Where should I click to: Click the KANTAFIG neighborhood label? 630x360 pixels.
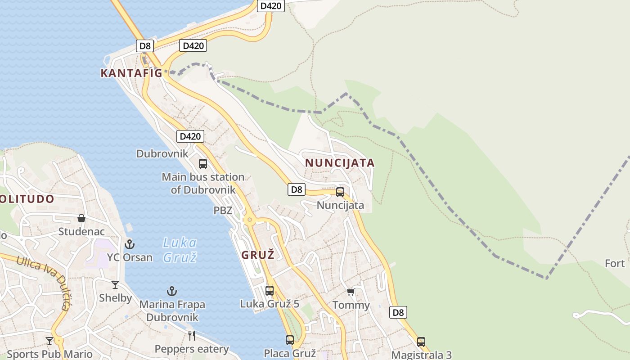(131, 73)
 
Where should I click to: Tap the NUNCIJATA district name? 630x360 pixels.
(340, 163)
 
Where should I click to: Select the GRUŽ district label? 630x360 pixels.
(258, 255)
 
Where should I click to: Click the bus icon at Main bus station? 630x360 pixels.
(203, 164)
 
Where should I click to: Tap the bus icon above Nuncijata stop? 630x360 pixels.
(340, 192)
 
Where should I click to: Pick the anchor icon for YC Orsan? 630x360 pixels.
(130, 244)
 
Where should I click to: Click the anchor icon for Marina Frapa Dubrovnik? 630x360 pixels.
(172, 291)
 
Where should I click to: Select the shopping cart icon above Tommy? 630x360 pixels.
(351, 292)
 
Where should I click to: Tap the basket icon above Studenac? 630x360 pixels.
(81, 219)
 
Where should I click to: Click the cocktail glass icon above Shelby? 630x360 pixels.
(115, 284)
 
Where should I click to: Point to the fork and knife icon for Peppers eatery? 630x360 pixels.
(192, 335)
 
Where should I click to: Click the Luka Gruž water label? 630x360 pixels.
(180, 250)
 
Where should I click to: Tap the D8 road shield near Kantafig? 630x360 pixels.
(145, 45)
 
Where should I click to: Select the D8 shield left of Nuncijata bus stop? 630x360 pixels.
(297, 189)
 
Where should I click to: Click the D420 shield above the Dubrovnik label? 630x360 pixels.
(190, 136)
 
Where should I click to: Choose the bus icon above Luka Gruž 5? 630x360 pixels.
(270, 291)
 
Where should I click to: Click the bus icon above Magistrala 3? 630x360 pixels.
(421, 342)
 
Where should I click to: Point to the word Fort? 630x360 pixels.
(615, 263)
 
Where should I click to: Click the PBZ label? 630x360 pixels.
(223, 211)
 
